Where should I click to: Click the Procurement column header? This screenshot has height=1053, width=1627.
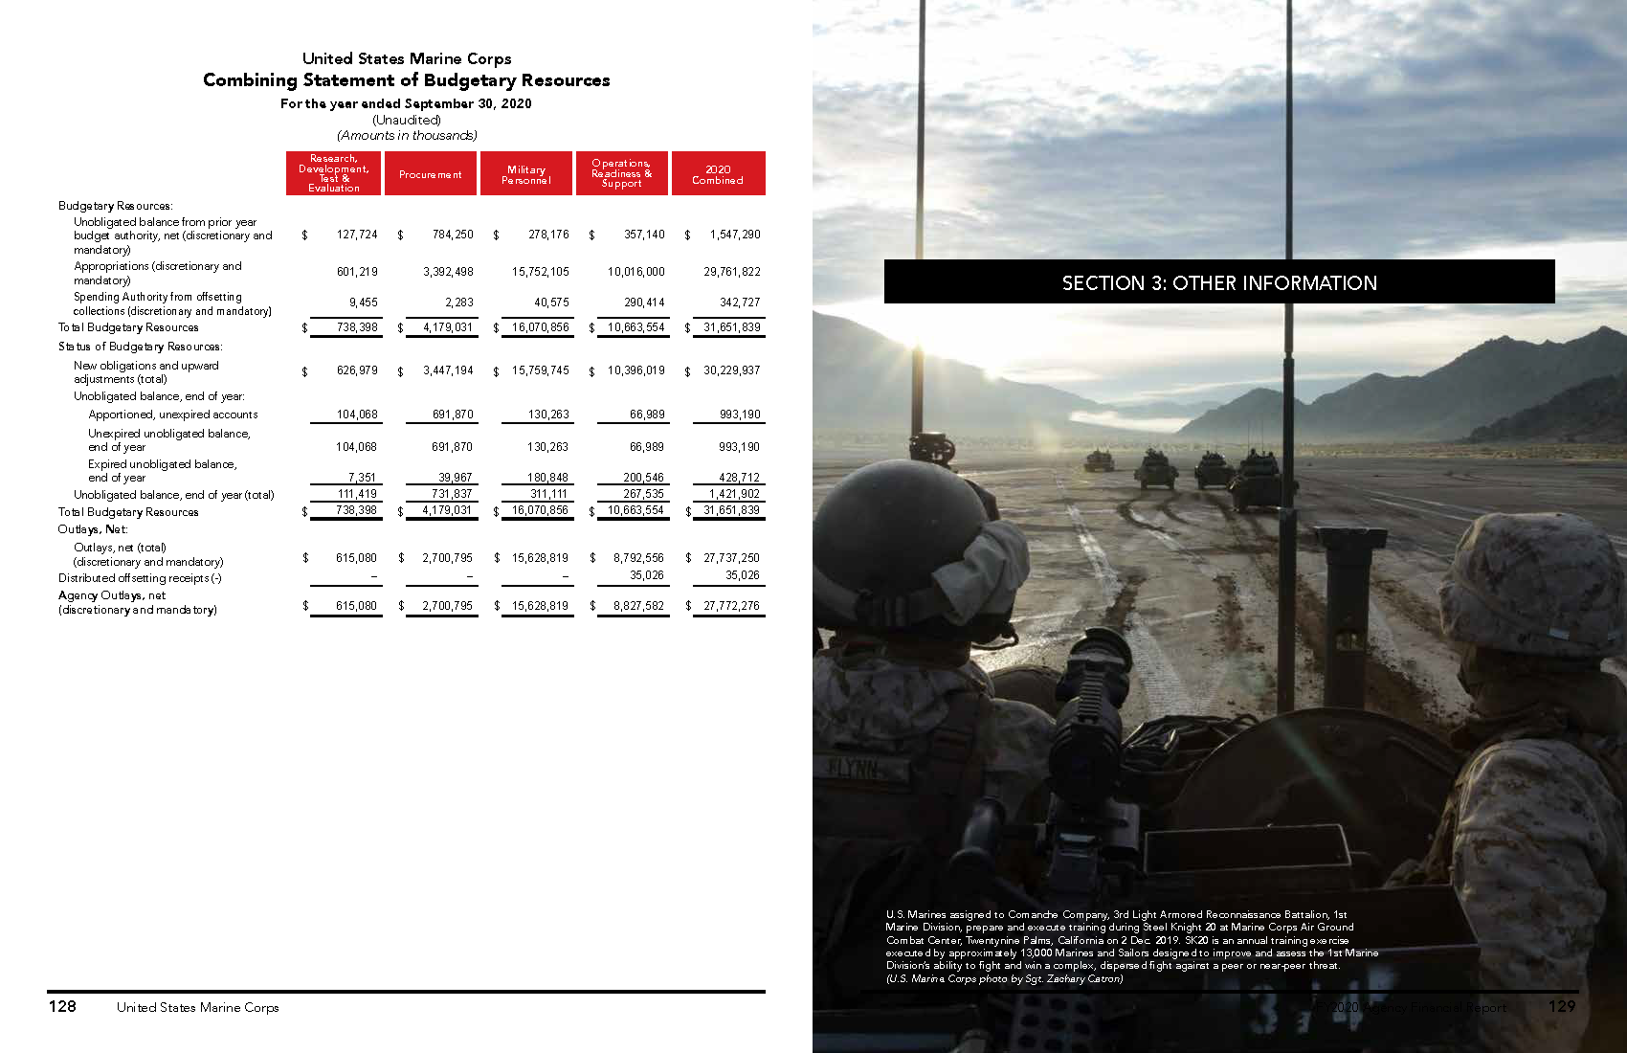point(431,174)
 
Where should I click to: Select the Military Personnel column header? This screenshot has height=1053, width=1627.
point(526,174)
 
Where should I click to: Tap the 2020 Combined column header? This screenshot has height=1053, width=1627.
point(718,174)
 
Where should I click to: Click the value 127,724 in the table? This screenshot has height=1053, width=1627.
point(357,235)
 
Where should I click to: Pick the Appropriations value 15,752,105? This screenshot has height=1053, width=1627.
point(540,272)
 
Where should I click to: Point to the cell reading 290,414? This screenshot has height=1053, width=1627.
point(644,302)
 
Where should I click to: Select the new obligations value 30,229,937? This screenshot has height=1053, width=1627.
point(731,370)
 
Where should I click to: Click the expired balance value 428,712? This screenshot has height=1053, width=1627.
point(739,477)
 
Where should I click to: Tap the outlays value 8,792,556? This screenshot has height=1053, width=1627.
point(638,557)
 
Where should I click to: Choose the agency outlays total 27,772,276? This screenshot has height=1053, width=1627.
point(731,606)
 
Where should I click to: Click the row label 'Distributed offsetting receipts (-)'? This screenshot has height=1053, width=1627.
point(140,578)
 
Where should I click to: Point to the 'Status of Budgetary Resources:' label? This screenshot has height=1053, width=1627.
point(140,347)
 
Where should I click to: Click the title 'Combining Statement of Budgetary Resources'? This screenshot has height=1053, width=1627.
point(407,80)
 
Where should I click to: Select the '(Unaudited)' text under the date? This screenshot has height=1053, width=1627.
point(407,120)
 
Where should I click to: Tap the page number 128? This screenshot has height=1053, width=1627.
point(62,1006)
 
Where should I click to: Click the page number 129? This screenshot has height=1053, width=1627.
point(1561,1006)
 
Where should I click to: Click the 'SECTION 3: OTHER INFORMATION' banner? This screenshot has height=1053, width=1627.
point(1219,282)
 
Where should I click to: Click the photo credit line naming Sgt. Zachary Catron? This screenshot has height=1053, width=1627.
point(1004,978)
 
